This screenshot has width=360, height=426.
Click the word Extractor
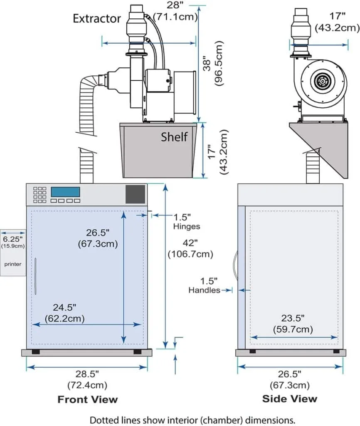[97, 18]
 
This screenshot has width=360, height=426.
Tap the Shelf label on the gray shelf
[174, 136]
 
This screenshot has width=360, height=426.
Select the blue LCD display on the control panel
[65, 192]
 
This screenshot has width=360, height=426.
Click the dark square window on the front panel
[136, 194]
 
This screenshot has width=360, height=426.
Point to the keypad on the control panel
[39, 195]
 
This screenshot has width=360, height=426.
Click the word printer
[13, 264]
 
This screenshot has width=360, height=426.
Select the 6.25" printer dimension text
[12, 239]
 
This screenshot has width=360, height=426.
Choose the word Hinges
[187, 227]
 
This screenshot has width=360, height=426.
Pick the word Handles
[204, 290]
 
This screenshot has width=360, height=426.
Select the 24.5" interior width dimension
[64, 308]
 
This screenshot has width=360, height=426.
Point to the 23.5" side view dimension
[293, 318]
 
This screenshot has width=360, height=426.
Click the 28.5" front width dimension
[87, 373]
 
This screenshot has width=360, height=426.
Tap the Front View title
[87, 400]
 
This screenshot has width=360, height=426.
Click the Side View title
[290, 399]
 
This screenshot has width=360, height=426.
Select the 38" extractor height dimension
[208, 62]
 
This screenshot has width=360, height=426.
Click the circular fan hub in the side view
[321, 81]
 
